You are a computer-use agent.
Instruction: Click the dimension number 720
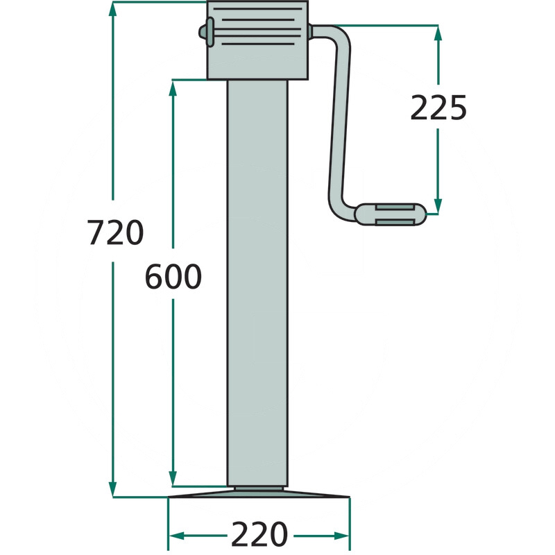115,232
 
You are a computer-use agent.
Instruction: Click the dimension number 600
173,276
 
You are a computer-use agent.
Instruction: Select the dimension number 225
438,108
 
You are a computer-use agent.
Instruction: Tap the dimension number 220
259,533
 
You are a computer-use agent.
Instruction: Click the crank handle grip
390,214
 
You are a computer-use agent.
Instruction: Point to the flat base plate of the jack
259,494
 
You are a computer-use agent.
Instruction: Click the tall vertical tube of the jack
257,283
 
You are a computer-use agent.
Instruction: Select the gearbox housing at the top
257,40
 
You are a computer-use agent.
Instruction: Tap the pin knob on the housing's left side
206,32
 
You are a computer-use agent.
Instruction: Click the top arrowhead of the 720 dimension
112,9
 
